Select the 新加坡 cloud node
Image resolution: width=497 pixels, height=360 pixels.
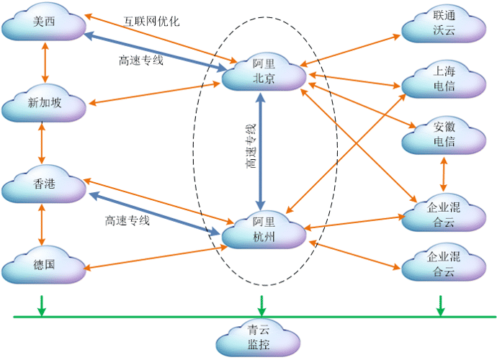(44, 104)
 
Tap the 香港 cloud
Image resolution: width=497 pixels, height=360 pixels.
(44, 185)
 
